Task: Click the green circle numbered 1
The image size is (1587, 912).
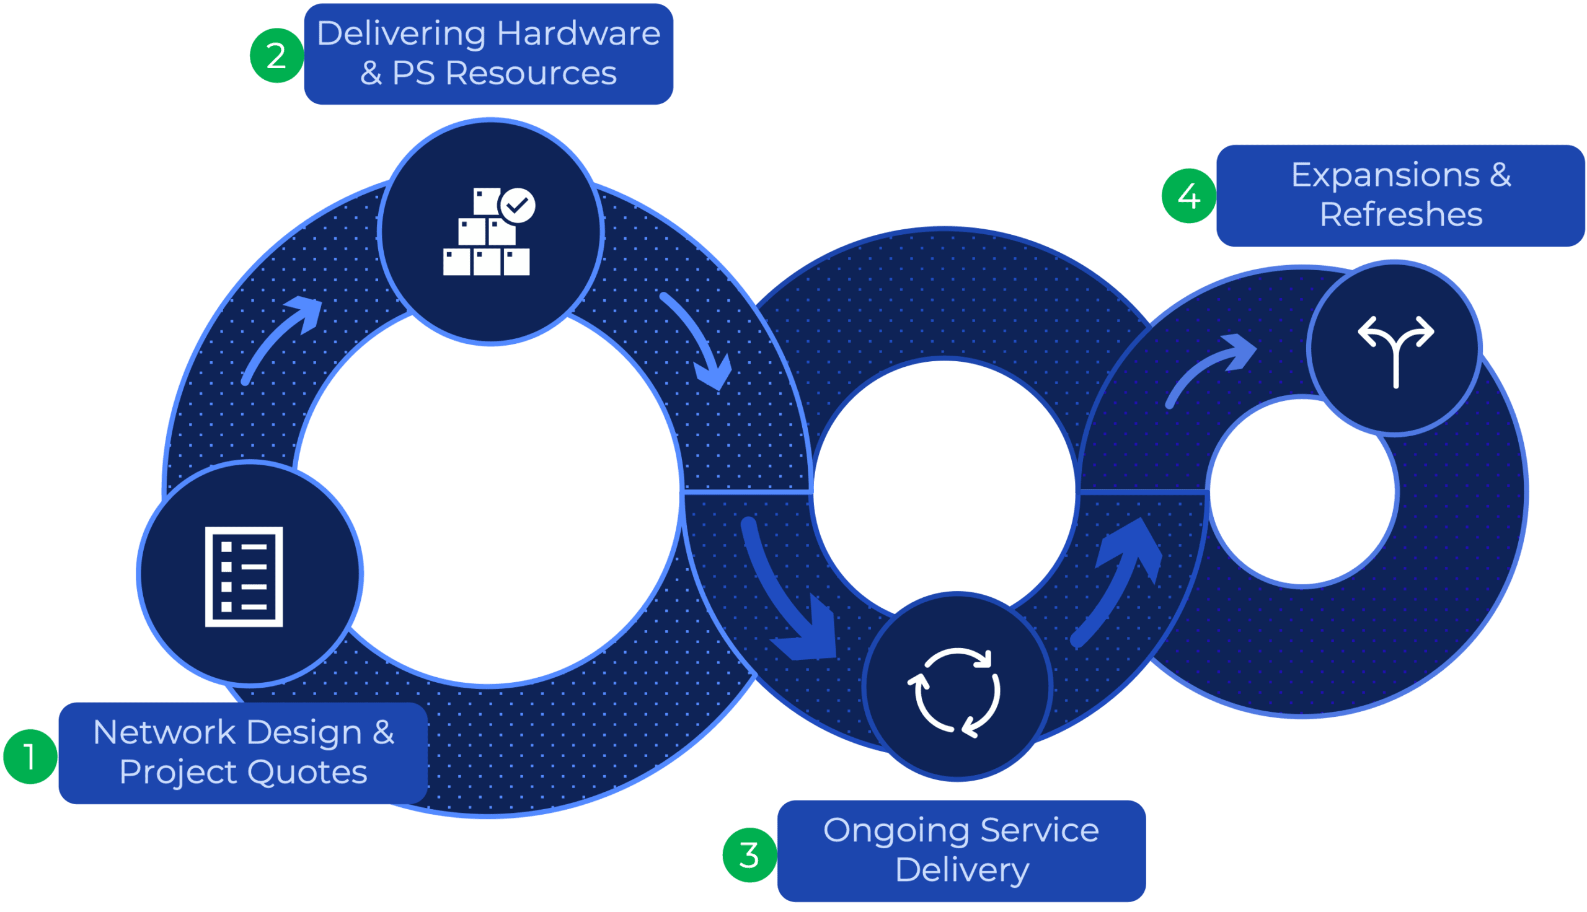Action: (30, 756)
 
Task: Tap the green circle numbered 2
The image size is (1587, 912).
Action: (276, 56)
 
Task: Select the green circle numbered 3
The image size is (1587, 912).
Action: (749, 855)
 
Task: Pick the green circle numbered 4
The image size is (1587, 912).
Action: (1188, 196)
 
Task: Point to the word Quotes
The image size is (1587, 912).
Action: (306, 772)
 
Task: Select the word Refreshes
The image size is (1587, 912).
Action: (1401, 214)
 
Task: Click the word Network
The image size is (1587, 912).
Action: (164, 732)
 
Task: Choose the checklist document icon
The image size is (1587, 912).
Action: (244, 576)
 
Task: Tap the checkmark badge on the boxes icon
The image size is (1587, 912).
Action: (518, 205)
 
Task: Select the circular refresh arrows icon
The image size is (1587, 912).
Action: (954, 691)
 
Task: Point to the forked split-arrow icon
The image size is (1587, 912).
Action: (1396, 348)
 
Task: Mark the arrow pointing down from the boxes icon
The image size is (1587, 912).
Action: (699, 341)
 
